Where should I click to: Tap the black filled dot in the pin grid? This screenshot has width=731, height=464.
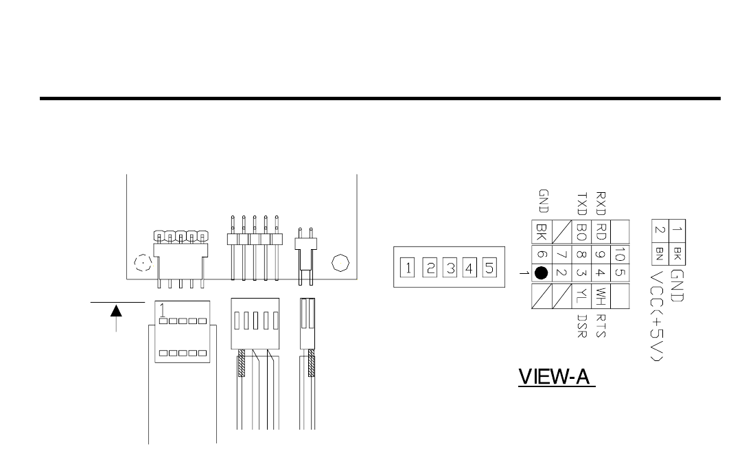(x=541, y=272)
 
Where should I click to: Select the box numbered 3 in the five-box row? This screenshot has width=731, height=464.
(x=450, y=267)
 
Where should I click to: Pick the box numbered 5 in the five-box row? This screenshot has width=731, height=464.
(x=488, y=267)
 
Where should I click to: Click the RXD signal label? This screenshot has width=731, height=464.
(x=601, y=204)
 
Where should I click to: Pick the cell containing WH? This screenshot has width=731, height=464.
(x=601, y=297)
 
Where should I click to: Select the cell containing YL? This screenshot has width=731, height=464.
(x=581, y=297)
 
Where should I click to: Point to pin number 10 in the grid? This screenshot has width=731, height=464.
(x=620, y=254)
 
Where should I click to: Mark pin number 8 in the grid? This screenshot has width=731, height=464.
(x=581, y=254)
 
